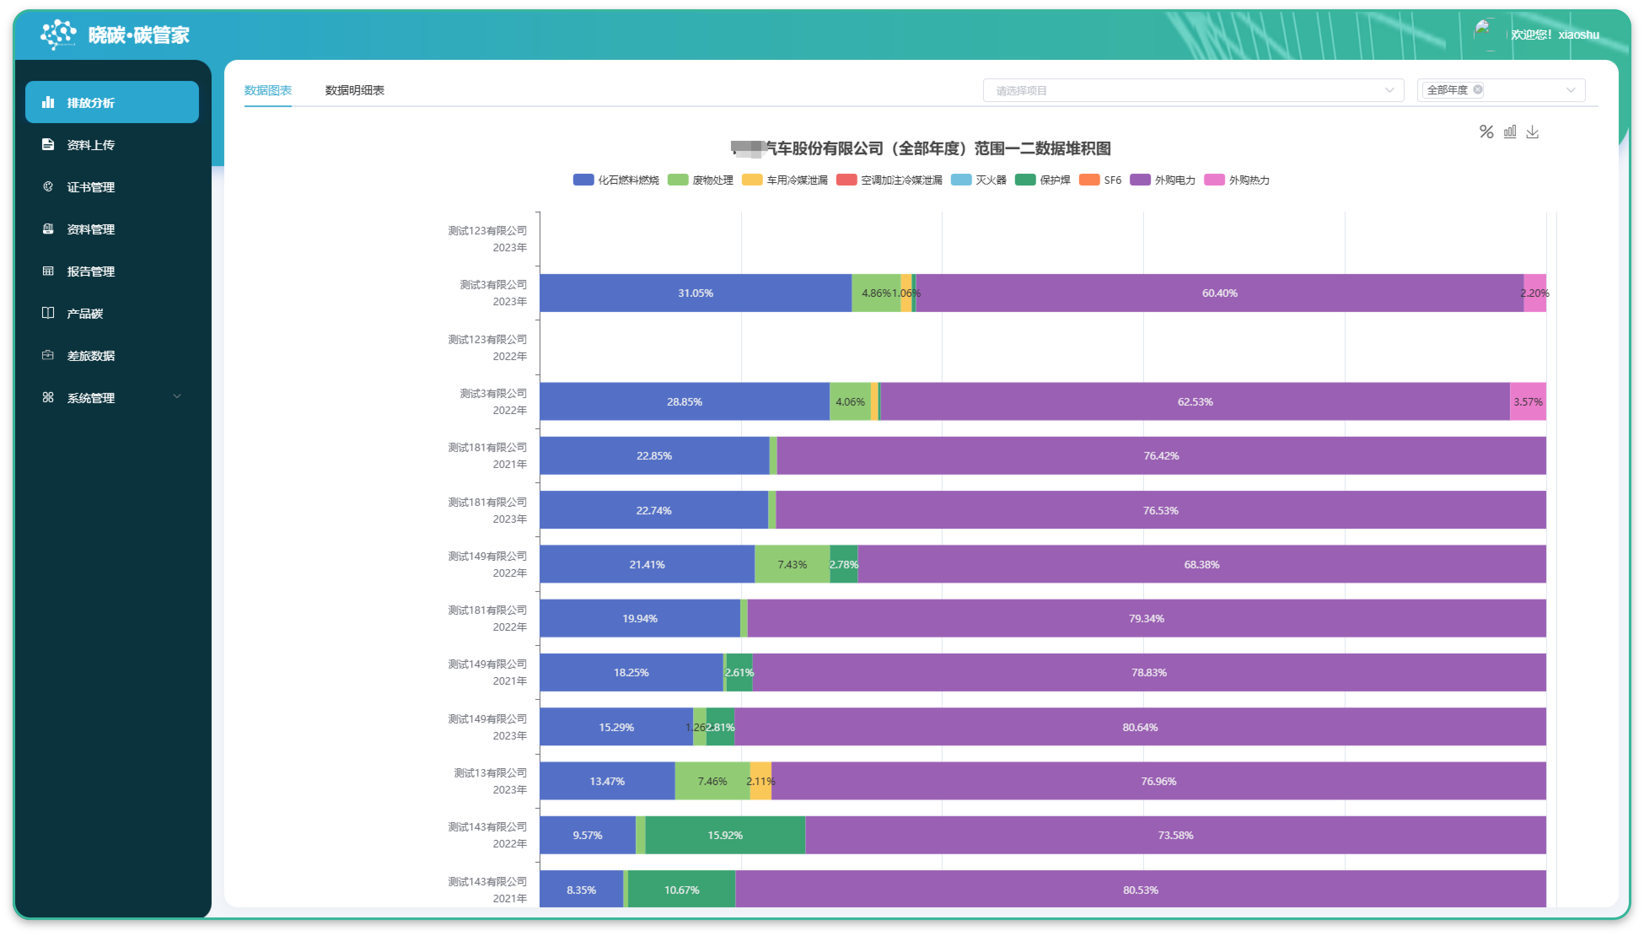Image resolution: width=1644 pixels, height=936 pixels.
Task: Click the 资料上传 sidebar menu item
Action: tap(91, 145)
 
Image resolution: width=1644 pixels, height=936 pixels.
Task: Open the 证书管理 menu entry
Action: tap(91, 187)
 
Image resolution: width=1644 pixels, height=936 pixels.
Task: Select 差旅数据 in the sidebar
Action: tap(91, 355)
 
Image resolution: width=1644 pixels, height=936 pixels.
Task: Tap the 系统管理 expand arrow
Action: tap(177, 397)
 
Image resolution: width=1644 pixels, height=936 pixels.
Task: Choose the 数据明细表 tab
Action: tap(354, 90)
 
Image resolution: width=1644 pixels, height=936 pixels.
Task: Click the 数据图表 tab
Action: tap(267, 90)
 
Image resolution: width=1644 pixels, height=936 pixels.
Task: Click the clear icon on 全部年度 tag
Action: tap(1477, 89)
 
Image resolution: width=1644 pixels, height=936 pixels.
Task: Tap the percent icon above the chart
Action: tap(1486, 132)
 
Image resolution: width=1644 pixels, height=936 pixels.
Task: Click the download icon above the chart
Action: tap(1532, 132)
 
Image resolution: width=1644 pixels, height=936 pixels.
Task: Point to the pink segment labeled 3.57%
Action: tap(1528, 402)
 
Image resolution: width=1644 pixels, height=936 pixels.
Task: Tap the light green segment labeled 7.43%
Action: tap(792, 565)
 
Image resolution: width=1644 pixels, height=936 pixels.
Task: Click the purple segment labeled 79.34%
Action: tap(1146, 619)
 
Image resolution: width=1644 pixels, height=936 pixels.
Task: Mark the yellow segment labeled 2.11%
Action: tap(760, 781)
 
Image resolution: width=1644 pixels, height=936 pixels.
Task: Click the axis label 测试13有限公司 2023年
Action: tap(490, 781)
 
